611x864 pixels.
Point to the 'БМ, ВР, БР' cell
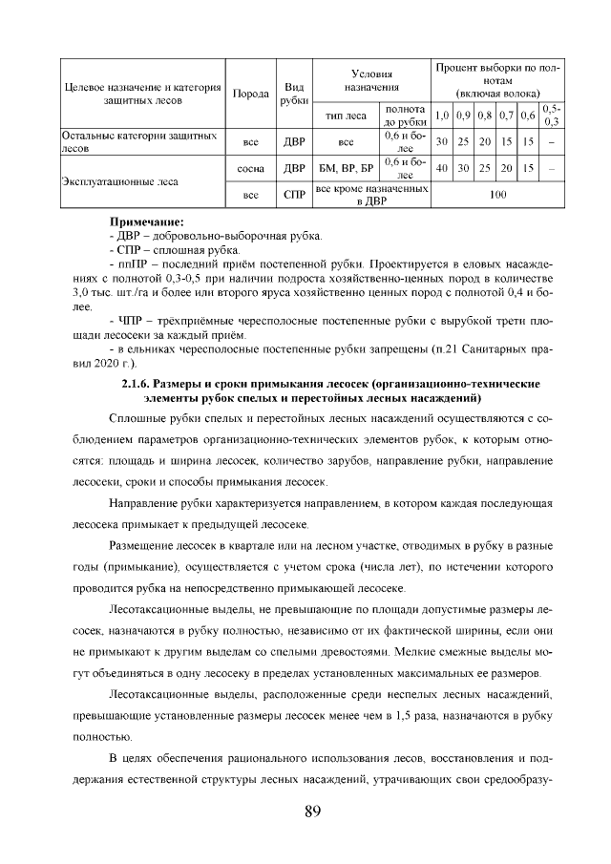(x=347, y=168)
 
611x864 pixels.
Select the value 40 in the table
(x=442, y=168)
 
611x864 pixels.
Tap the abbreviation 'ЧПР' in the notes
(x=135, y=322)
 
